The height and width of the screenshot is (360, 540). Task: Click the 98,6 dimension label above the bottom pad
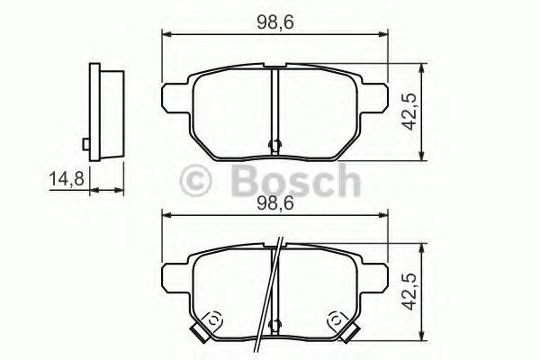pyautogui.click(x=275, y=202)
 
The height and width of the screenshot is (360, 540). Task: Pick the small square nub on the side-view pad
pyautogui.click(x=84, y=143)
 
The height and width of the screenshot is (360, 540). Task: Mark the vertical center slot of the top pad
pyautogui.click(x=275, y=103)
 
